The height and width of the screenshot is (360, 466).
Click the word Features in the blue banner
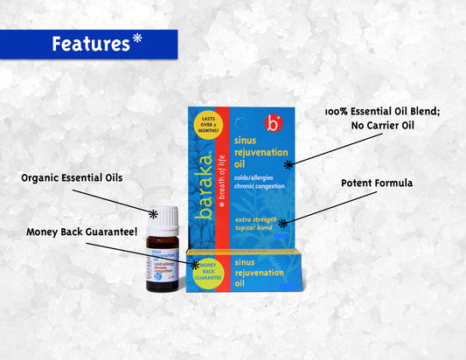pos(90,44)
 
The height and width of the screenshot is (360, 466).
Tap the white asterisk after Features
pos(138,39)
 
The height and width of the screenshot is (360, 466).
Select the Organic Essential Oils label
pos(72,178)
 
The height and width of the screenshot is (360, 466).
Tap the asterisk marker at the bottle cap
pos(153,212)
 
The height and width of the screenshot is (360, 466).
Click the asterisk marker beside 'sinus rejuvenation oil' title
pos(289,163)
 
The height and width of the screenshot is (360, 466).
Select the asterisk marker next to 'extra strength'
pos(282,224)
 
